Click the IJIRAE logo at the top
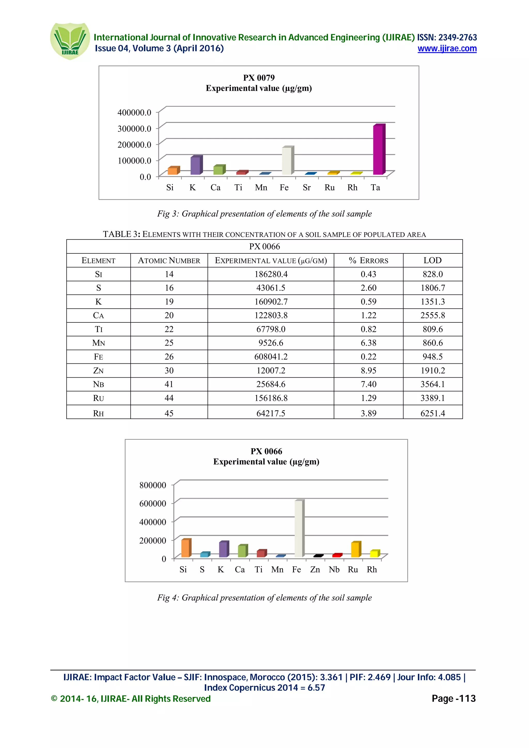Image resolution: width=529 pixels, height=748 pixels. (70, 41)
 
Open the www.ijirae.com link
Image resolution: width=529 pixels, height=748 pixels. (447, 49)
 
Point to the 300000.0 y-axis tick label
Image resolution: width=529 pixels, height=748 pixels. (134, 129)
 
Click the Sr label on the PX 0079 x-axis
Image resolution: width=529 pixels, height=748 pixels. (306, 188)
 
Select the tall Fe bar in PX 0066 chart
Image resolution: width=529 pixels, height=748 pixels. (299, 528)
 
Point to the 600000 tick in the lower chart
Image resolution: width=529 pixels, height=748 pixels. (153, 504)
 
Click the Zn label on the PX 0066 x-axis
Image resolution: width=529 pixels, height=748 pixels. (315, 569)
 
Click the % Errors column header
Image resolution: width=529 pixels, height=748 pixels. (368, 261)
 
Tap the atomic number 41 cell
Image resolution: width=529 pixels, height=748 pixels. (169, 384)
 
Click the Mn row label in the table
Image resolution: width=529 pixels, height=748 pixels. (98, 343)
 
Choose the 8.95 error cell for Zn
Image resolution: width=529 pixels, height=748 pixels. (368, 370)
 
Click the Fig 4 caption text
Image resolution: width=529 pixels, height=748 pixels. (264, 598)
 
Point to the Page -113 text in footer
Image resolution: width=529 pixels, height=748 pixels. (453, 698)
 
